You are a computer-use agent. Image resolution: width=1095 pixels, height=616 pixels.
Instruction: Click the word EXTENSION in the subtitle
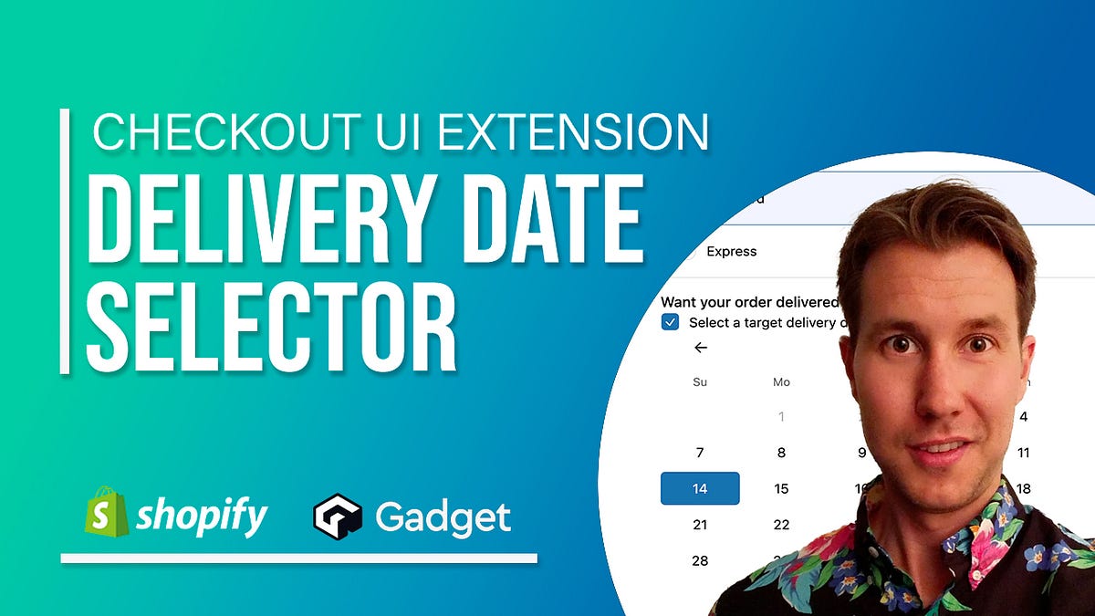point(573,131)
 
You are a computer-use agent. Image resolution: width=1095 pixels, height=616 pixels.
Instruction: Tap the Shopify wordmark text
point(201,517)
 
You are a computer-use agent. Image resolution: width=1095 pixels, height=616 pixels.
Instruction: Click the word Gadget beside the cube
point(443,517)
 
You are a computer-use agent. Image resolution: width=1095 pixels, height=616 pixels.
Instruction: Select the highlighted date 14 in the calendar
point(700,488)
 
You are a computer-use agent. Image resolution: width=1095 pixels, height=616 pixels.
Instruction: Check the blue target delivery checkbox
point(671,322)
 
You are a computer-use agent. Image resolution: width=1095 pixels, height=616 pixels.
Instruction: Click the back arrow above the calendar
point(700,348)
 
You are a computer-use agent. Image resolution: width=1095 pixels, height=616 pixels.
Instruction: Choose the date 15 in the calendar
point(781,488)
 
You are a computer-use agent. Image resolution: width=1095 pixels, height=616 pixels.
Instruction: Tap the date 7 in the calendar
point(700,453)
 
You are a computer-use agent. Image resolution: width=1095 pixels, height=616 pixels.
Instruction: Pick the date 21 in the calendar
point(700,525)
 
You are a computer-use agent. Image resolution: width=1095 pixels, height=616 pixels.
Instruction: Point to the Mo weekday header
point(781,382)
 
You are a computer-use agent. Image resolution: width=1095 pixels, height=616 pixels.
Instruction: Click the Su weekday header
point(700,382)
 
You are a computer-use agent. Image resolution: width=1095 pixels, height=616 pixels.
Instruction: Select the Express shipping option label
point(732,251)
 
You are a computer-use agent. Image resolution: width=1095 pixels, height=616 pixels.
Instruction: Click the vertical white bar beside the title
point(65,241)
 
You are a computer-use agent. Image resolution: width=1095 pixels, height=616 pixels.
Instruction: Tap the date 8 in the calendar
point(781,453)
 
